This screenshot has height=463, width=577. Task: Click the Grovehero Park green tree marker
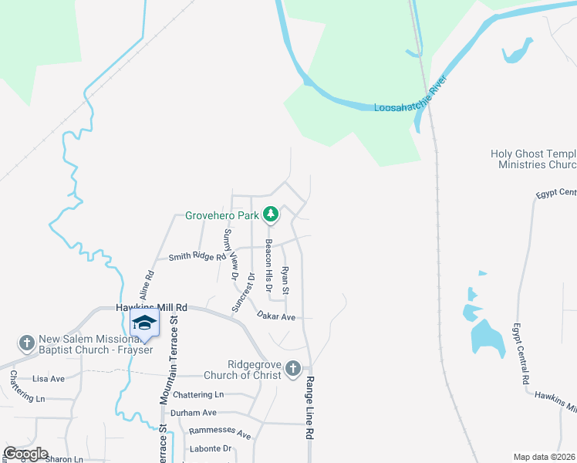pos(271,215)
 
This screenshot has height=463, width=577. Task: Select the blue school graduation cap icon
pos(144,323)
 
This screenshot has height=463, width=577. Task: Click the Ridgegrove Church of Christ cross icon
pos(292,369)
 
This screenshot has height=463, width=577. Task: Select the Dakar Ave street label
pos(277,316)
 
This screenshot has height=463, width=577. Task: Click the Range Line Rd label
pos(310,410)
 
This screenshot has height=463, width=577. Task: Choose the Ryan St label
pos(285,279)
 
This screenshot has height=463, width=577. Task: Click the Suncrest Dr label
pos(244,292)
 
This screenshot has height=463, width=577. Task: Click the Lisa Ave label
pos(49,379)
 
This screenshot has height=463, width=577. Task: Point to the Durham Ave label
pos(194,413)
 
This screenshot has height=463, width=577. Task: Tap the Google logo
pos(26,454)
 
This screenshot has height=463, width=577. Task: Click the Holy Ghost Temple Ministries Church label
pos(534,159)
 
